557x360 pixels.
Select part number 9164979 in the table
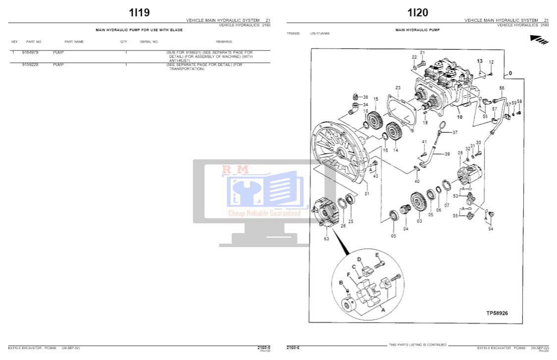tap(30, 52)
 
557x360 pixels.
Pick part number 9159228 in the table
tap(30, 64)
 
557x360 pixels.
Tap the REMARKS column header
tap(224, 42)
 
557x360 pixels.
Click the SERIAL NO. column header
tap(149, 42)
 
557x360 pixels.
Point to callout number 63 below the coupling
tap(326, 239)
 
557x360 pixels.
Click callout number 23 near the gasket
tap(398, 88)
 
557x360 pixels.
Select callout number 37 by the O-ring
tap(455, 132)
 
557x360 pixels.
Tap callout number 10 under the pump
tap(459, 117)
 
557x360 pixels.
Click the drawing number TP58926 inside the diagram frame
tap(497, 313)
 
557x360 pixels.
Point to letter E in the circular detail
tap(377, 255)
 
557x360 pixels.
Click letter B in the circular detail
tap(341, 282)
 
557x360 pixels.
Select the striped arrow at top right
tap(539, 39)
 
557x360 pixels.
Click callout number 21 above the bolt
tap(422, 52)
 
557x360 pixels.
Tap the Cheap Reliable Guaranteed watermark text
tap(264, 213)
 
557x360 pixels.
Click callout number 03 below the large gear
tap(419, 221)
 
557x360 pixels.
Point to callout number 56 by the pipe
tap(502, 88)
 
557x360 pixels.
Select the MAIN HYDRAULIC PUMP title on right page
tap(417, 30)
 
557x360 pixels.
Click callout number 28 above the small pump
tap(460, 153)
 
